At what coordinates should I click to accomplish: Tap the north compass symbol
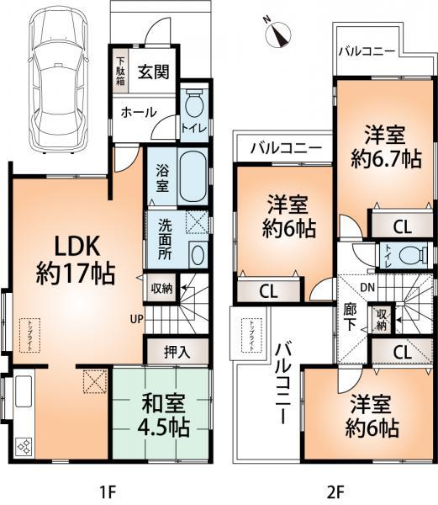pyautogui.click(x=277, y=33)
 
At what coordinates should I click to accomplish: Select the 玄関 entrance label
pyautogui.click(x=153, y=71)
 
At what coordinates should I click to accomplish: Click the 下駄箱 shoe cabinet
pyautogui.click(x=121, y=72)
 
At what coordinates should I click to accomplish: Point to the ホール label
pyautogui.click(x=138, y=112)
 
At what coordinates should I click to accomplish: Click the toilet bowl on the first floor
pyautogui.click(x=193, y=105)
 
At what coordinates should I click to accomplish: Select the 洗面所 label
pyautogui.click(x=163, y=237)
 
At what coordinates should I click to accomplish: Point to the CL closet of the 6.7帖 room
pyautogui.click(x=401, y=226)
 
